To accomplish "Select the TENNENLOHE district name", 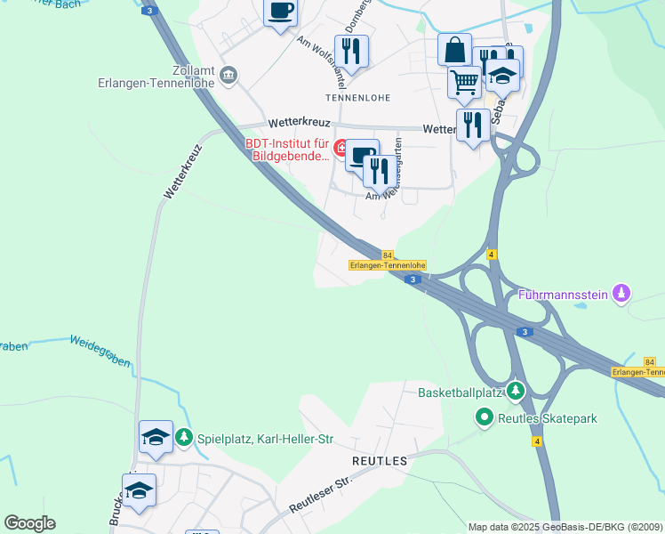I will click(359, 97).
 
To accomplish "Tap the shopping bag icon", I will click(454, 50).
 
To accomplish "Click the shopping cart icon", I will click(464, 83).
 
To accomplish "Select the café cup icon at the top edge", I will click(281, 12).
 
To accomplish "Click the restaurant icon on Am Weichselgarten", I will click(380, 172).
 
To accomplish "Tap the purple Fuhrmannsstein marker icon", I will click(621, 293).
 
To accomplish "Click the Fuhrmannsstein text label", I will click(565, 294).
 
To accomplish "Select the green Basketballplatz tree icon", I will click(515, 392).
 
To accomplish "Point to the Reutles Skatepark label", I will click(547, 417).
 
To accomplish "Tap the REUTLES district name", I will click(380, 461).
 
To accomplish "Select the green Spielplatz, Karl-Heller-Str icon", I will click(183, 437).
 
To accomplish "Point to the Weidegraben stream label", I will click(100, 351).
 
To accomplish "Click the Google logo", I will click(29, 523).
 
